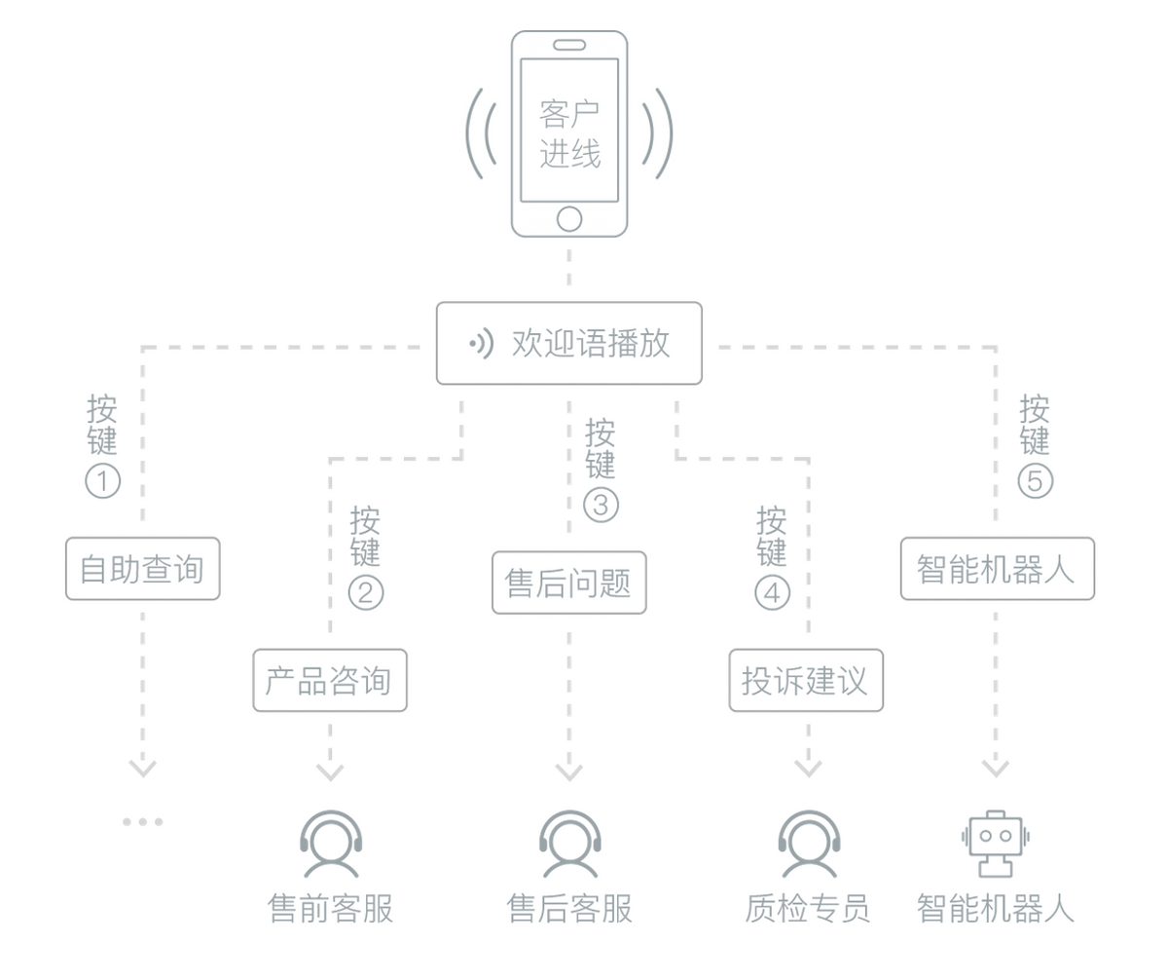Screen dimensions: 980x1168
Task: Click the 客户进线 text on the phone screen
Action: tap(569, 133)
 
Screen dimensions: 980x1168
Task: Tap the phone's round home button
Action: tap(569, 217)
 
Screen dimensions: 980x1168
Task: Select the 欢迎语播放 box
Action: tap(569, 343)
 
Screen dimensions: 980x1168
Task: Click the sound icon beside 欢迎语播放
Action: tap(480, 343)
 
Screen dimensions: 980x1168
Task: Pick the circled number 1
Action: tap(103, 481)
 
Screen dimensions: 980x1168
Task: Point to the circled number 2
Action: tap(366, 592)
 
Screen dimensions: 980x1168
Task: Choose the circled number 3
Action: tap(601, 506)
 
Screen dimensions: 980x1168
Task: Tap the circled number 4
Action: tap(772, 592)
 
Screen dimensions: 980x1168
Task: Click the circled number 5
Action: tap(1036, 481)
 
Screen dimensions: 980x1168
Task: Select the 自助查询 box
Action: tap(143, 568)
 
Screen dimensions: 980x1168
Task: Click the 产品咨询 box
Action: tap(330, 680)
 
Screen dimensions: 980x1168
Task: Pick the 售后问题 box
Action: tap(569, 583)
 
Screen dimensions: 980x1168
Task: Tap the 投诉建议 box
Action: tap(806, 680)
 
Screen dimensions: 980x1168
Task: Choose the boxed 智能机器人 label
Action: tap(997, 568)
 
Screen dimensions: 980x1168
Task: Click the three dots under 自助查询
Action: tap(143, 822)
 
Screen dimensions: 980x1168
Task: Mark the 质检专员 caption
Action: tap(807, 909)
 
